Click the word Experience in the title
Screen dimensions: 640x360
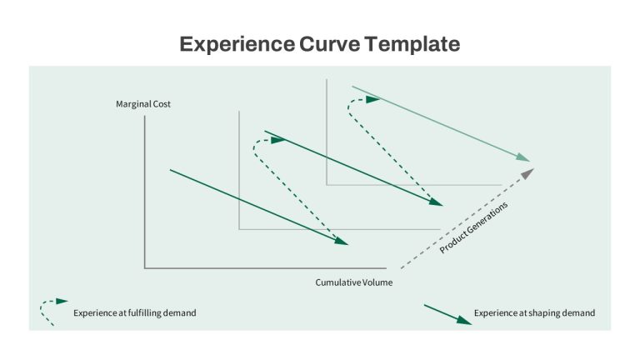[237, 44]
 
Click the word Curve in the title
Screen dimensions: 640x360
[330, 43]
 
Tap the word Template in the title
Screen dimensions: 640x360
[412, 44]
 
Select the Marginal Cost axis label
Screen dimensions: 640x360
[143, 104]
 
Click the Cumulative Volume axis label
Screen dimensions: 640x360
[354, 282]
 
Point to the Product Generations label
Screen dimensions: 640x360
[473, 227]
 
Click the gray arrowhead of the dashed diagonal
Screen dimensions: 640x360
[527, 174]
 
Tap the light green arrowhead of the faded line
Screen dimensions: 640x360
[522, 157]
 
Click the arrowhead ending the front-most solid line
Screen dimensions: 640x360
[341, 241]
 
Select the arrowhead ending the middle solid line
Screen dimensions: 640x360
[436, 202]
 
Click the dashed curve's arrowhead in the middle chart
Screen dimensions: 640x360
[278, 140]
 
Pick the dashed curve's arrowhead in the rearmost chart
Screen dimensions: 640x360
[372, 100]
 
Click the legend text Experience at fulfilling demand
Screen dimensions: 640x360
[135, 313]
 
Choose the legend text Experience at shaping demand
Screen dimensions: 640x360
[534, 313]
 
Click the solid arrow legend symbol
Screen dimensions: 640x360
[447, 315]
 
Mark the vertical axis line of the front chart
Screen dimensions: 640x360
[144, 192]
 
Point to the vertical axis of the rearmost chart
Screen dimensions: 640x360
[327, 132]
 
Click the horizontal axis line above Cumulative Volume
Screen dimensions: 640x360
[265, 268]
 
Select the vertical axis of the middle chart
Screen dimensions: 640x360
[239, 170]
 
